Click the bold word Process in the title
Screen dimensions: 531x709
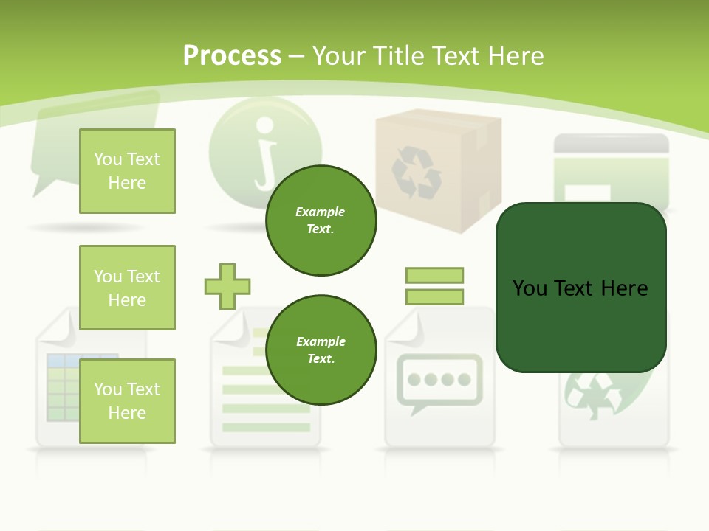[232, 55]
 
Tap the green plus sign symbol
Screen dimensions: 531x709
[227, 286]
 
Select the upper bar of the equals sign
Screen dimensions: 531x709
[434, 275]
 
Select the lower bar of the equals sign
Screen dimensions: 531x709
[434, 297]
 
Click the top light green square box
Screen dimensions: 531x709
[127, 171]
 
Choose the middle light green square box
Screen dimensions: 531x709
[127, 288]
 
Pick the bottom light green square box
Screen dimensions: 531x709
[127, 401]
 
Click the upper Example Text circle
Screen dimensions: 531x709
[321, 221]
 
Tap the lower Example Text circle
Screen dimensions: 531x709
[321, 350]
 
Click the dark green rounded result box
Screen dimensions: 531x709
[580, 288]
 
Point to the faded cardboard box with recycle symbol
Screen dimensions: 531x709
[428, 170]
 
